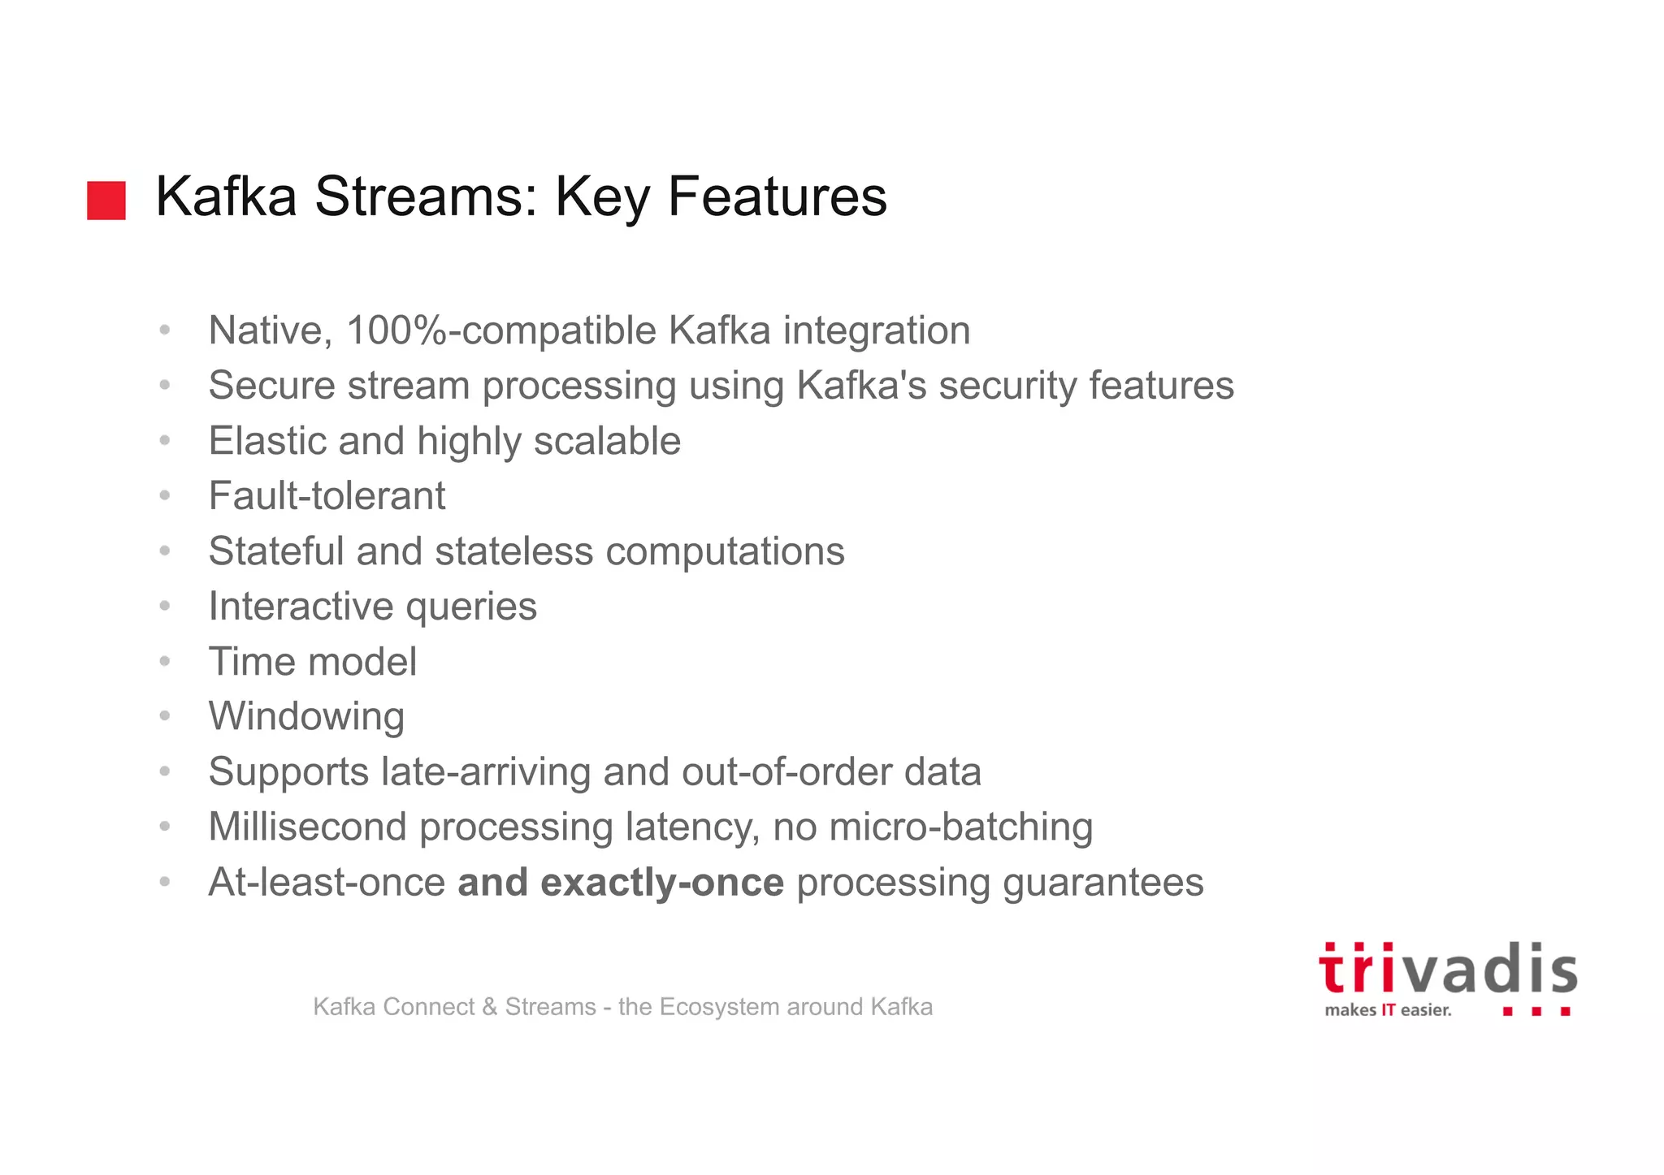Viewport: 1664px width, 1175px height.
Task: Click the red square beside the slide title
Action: (x=106, y=200)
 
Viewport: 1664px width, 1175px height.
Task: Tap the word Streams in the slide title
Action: (x=426, y=197)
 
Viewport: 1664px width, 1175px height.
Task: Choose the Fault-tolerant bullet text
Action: (x=327, y=496)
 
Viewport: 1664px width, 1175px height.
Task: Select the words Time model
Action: (x=312, y=662)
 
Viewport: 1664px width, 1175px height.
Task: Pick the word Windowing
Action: (x=306, y=718)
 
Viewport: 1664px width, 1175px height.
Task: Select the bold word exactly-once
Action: (x=661, y=883)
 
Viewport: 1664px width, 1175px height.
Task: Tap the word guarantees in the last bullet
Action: (x=1103, y=883)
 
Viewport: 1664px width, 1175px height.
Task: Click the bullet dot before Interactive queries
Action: (x=165, y=606)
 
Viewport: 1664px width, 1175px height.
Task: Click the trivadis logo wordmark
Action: (x=1447, y=970)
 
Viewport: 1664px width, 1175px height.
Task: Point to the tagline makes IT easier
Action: (x=1387, y=1010)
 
